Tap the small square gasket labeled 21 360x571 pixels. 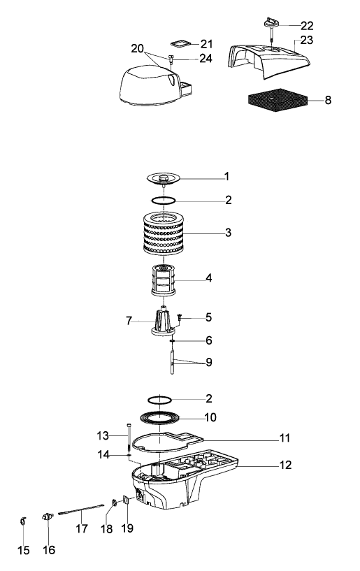[181, 43]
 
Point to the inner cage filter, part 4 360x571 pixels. [164, 280]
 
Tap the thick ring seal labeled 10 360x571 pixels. [160, 418]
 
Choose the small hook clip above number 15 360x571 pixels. [23, 521]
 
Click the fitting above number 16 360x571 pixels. [48, 516]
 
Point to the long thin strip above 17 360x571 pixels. [81, 509]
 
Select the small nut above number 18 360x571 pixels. [113, 503]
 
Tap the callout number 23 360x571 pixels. [306, 40]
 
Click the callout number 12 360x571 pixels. [285, 465]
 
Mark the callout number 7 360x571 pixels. [129, 321]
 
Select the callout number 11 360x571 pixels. [285, 438]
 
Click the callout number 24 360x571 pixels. [206, 58]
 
